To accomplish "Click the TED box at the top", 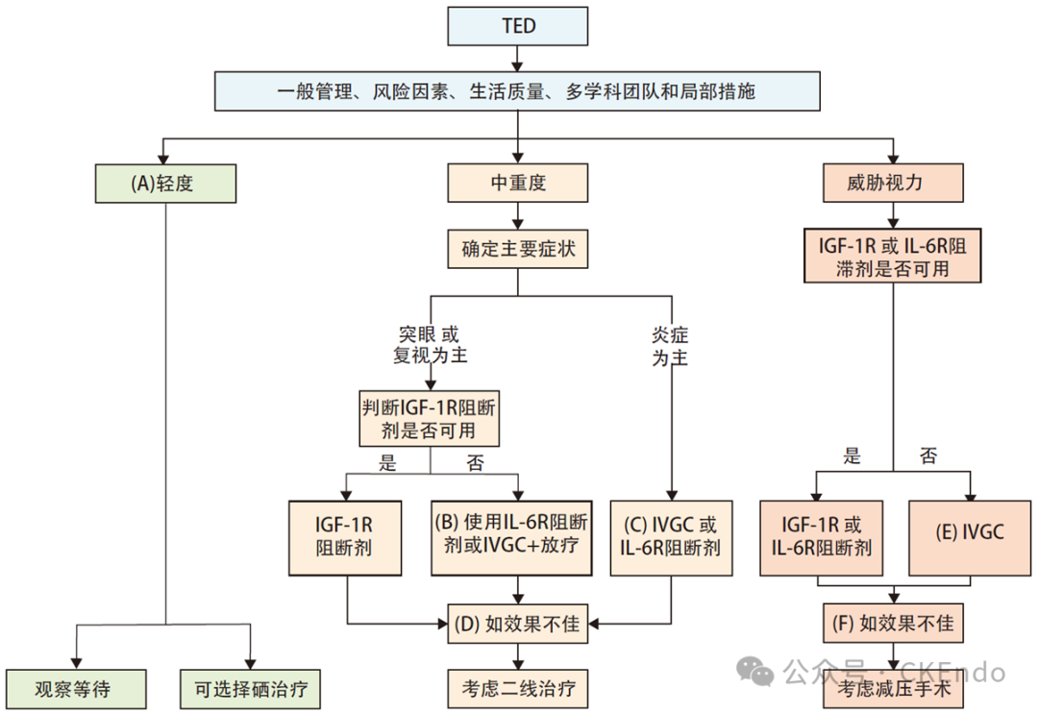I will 518,26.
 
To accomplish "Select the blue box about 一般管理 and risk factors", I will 518,92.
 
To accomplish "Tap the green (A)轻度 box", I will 165,183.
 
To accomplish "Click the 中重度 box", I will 518,183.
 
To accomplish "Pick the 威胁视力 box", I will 894,183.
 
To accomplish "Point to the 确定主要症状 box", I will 518,250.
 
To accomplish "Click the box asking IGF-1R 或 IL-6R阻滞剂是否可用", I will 893,256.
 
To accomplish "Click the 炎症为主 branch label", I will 670,346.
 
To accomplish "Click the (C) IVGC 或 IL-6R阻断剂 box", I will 671,537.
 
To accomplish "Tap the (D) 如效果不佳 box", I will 518,624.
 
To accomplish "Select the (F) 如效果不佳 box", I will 893,624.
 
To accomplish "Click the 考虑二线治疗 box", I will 518,688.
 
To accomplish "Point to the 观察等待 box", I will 76,688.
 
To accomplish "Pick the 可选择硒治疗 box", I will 249,688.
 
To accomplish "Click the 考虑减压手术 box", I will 893,688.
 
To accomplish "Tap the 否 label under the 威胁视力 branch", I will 927,455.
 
